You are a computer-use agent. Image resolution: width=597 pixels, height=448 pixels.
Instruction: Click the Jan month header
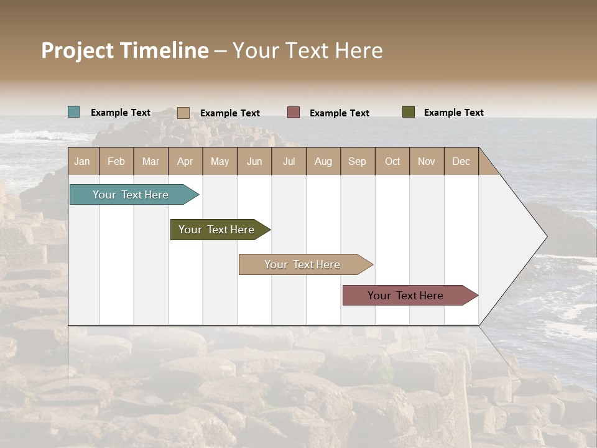pyautogui.click(x=83, y=161)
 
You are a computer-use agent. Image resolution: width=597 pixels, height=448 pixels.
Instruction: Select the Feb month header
pyautogui.click(x=116, y=161)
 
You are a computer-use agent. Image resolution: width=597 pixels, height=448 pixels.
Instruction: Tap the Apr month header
pyautogui.click(x=185, y=161)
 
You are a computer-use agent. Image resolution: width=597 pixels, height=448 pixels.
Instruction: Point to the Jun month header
pyautogui.click(x=254, y=161)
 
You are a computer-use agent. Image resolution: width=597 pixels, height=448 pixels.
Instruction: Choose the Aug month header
pyautogui.click(x=323, y=161)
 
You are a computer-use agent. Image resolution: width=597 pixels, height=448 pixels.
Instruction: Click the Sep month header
pyautogui.click(x=358, y=161)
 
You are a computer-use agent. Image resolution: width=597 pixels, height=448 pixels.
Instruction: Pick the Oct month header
pyautogui.click(x=392, y=161)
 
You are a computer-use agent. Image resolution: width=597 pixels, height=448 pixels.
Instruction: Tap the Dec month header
pyautogui.click(x=461, y=161)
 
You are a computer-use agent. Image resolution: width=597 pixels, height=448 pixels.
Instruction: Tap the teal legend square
pyautogui.click(x=74, y=112)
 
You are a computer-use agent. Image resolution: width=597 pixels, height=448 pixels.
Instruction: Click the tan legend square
pyautogui.click(x=183, y=113)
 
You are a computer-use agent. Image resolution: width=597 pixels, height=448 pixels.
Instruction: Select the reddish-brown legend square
pyautogui.click(x=294, y=112)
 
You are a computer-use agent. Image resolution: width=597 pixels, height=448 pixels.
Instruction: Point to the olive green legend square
pyautogui.click(x=409, y=112)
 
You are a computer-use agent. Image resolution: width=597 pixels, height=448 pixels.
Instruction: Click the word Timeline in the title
pyautogui.click(x=164, y=50)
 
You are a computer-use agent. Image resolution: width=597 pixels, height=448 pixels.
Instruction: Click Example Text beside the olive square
pyautogui.click(x=454, y=113)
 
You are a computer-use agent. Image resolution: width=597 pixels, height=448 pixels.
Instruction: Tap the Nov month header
pyautogui.click(x=427, y=161)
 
